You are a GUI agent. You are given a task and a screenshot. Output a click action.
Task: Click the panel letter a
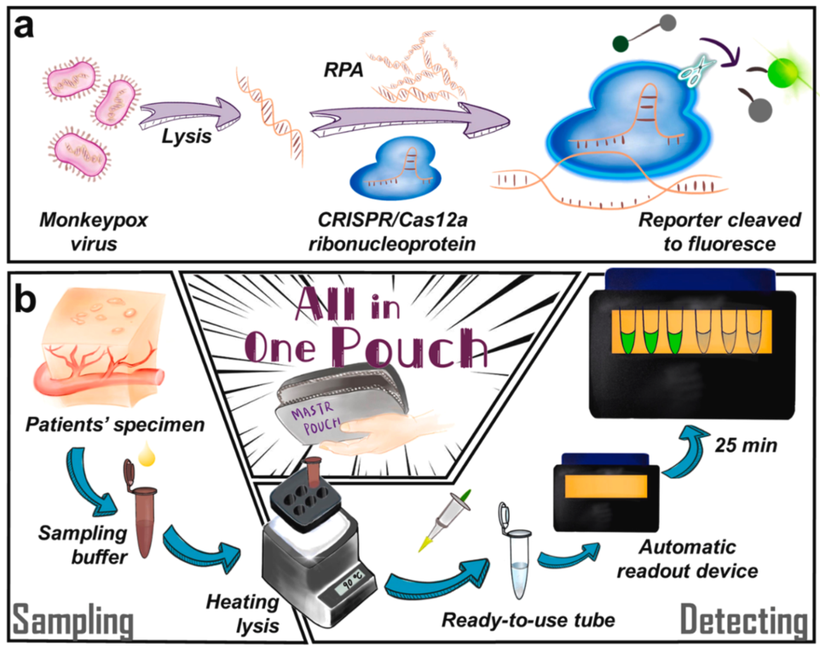(25, 27)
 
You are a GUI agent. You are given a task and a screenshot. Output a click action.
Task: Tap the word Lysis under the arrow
(186, 137)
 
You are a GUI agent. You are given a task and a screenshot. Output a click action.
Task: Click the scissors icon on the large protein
(690, 70)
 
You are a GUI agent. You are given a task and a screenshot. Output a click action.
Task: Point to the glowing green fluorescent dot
(782, 72)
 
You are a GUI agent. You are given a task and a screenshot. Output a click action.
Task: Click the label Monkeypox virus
(94, 232)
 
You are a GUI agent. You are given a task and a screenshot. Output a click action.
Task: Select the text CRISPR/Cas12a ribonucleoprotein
(392, 232)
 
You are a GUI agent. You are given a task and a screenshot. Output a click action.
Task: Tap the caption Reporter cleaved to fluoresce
(719, 232)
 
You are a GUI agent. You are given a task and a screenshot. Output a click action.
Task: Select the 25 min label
(746, 445)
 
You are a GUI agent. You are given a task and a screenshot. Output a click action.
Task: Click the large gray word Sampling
(72, 621)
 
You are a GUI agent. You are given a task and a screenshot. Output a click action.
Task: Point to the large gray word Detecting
(744, 621)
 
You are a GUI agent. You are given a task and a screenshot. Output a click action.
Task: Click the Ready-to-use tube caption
(528, 621)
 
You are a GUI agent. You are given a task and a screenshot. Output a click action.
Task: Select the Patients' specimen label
(115, 425)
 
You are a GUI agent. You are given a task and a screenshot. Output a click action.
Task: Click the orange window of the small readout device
(606, 486)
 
